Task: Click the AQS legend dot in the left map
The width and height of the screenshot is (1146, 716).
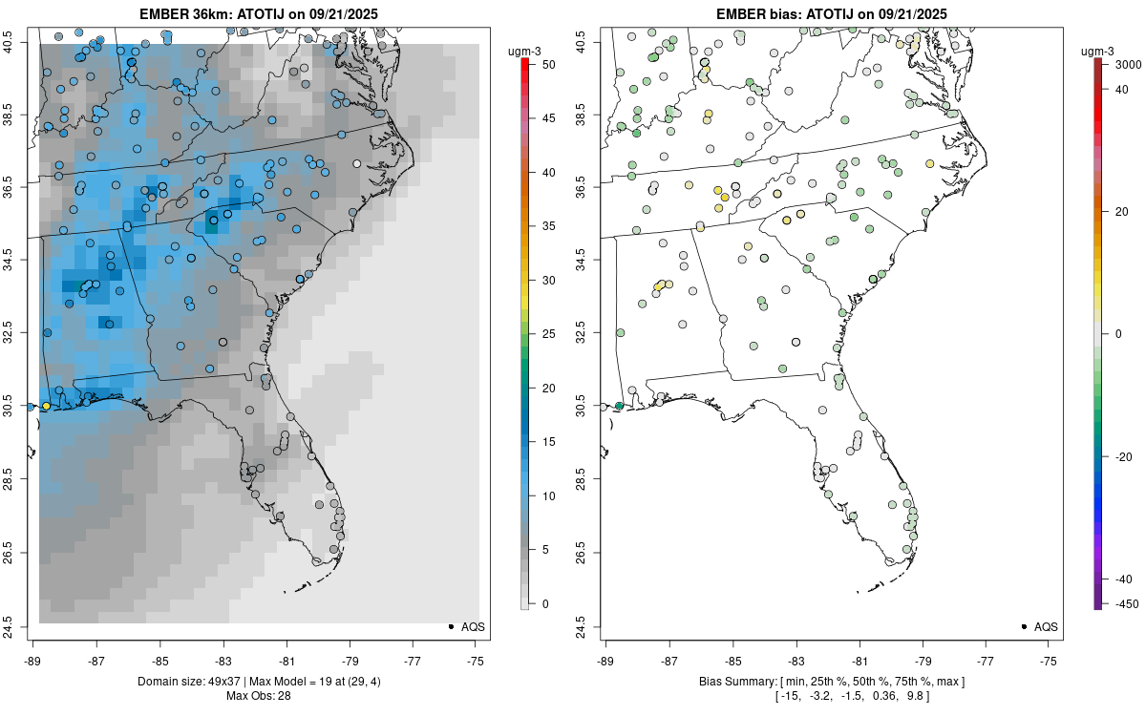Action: coord(450,626)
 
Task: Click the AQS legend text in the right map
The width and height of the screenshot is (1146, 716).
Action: coord(1046,626)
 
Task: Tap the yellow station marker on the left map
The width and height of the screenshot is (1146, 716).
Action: coord(46,407)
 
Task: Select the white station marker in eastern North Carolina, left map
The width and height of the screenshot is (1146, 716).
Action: coord(357,163)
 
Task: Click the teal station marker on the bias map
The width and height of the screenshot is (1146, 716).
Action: coord(619,407)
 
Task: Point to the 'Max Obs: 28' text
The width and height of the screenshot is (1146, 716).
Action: coord(258,695)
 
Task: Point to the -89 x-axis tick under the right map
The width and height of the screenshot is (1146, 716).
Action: coord(606,661)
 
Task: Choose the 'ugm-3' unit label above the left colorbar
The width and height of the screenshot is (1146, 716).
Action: coord(523,50)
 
